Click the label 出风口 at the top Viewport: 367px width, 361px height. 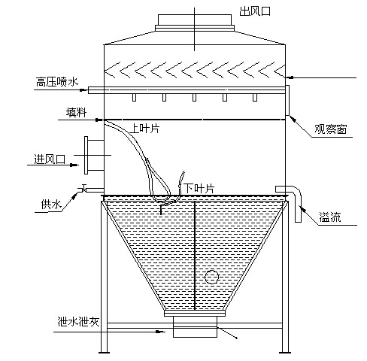tap(255, 11)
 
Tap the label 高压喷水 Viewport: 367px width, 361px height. tap(57, 82)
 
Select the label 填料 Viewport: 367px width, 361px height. tap(77, 112)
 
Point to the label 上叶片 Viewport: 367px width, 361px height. tap(144, 129)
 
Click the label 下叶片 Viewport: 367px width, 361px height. tap(199, 188)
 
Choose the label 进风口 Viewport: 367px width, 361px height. tap(50, 159)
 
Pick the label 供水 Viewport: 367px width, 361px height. tap(51, 205)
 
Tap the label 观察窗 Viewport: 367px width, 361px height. tap(331, 129)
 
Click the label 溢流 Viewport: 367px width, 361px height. tap(330, 217)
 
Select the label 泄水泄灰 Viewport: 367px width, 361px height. tap(79, 322)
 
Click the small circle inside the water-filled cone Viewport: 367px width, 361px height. tap(211, 277)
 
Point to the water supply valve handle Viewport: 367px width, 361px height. tap(83, 187)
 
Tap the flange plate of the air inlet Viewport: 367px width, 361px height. tap(86, 155)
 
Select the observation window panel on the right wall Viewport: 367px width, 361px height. tap(287, 100)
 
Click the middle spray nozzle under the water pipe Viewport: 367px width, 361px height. tap(194, 98)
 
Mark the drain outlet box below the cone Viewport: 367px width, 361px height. tap(195, 326)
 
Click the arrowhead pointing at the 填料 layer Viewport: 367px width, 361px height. tap(99, 120)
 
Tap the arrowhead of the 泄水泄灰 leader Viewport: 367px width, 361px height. tap(161, 332)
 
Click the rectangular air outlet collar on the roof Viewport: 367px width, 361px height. tap(195, 20)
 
